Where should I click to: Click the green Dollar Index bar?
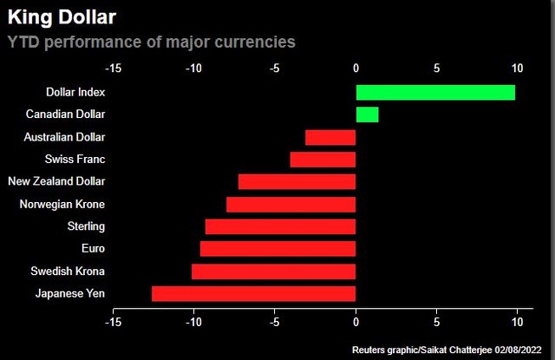point(435,92)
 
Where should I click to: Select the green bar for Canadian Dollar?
point(367,115)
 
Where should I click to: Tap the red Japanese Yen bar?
point(253,293)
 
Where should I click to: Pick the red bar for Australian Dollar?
point(330,137)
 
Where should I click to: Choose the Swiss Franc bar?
point(323,160)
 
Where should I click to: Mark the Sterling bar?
point(280,226)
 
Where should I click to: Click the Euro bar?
point(277,249)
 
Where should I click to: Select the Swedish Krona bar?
point(273,272)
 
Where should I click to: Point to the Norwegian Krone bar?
point(291,204)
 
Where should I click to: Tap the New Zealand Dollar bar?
point(297,181)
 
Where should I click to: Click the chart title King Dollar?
point(62,17)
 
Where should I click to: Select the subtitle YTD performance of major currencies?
point(151,41)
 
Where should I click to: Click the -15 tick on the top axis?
point(113,67)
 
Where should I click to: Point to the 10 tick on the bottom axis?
point(518,323)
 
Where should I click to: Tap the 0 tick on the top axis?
point(356,67)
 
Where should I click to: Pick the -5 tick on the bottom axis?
point(274,323)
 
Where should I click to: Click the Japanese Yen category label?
point(70,293)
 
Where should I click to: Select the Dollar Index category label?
point(75,92)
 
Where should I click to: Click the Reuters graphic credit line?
point(451,349)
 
